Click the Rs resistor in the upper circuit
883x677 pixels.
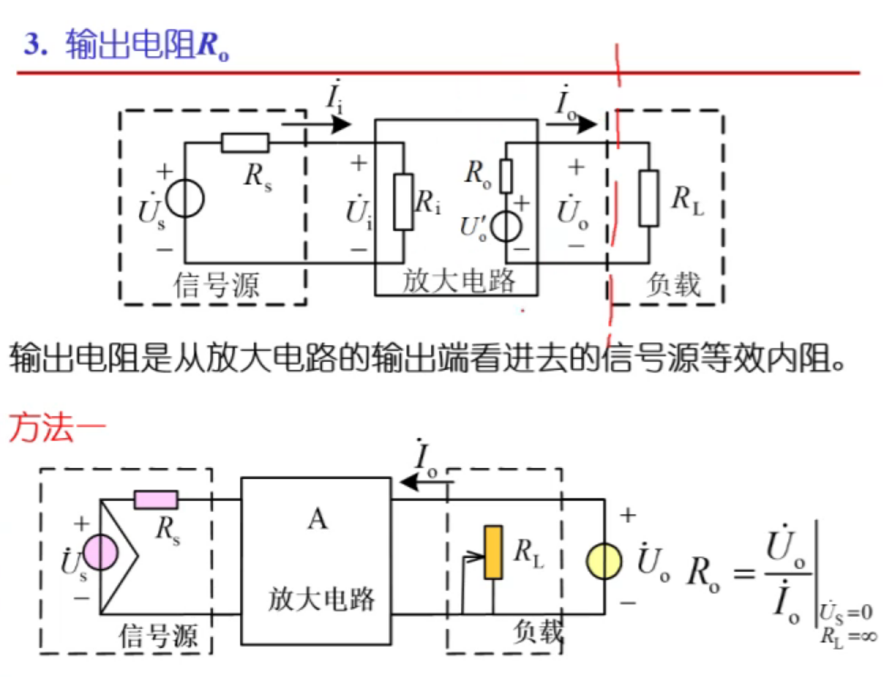pyautogui.click(x=246, y=143)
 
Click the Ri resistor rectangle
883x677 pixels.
pyautogui.click(x=404, y=201)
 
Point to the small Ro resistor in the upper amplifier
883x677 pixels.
pyautogui.click(x=506, y=174)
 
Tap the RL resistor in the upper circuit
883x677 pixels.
pyautogui.click(x=648, y=197)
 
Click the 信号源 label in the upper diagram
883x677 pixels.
pyautogui.click(x=216, y=284)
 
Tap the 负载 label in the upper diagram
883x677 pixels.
pyautogui.click(x=673, y=284)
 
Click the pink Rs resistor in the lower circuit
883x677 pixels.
pyautogui.click(x=156, y=500)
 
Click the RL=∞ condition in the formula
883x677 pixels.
pyautogui.click(x=847, y=637)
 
